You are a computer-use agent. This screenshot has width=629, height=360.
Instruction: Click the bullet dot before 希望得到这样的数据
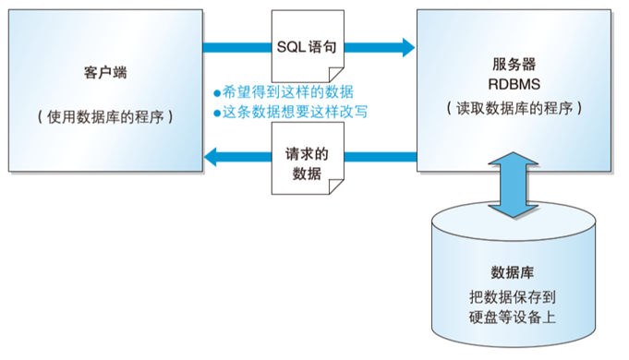(x=217, y=92)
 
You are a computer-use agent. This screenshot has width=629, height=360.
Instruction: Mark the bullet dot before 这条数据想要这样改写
(x=217, y=112)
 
